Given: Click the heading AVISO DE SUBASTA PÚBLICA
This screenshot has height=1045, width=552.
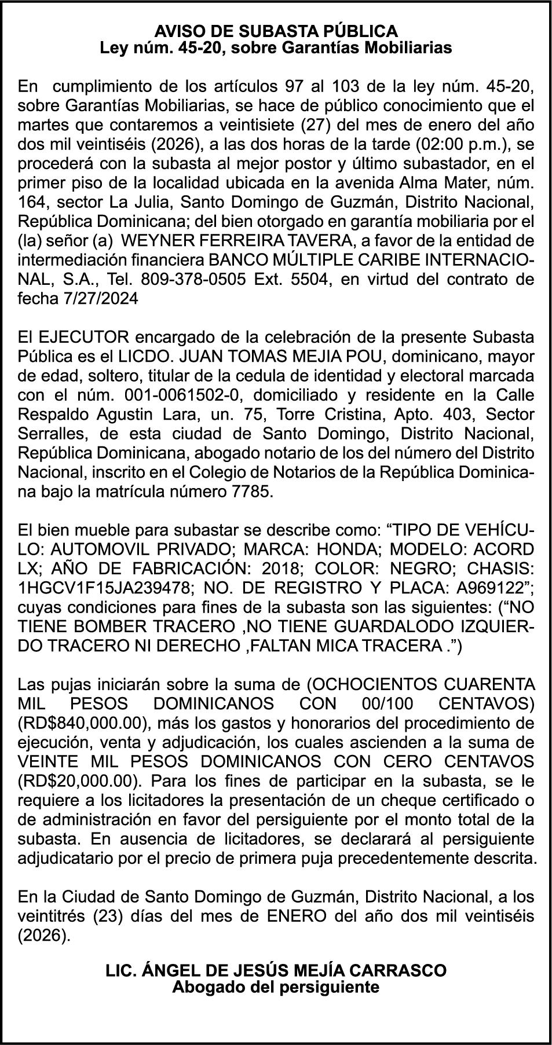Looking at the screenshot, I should pyautogui.click(x=276, y=31).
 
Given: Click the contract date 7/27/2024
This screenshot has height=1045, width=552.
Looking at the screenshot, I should pyautogui.click(x=103, y=298).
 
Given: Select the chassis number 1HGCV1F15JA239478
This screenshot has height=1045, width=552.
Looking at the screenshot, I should pyautogui.click(x=105, y=588).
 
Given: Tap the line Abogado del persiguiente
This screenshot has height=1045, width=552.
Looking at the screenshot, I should pyautogui.click(x=276, y=987).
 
